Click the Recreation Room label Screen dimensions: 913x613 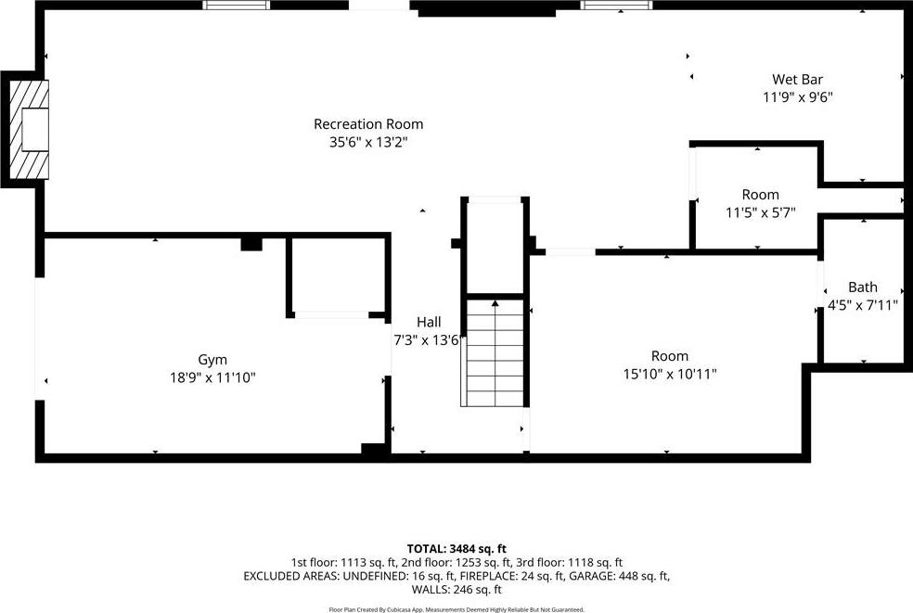pos(368,124)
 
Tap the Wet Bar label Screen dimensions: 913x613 pos(797,79)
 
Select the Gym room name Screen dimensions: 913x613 pos(212,360)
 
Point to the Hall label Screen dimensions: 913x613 pos(429,322)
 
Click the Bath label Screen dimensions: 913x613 pos(862,287)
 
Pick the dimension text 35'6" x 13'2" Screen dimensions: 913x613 pos(368,142)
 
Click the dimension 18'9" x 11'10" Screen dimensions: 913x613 pos(212,377)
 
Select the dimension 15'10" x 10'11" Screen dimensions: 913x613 pos(670,374)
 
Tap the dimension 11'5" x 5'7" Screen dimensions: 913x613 pos(760,212)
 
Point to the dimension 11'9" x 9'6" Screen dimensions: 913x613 pos(798,97)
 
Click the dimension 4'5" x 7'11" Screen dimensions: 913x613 pos(862,305)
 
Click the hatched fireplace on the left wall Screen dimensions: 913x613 pos(29,129)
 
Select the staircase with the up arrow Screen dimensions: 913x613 pos(495,352)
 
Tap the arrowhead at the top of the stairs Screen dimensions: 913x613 pos(495,303)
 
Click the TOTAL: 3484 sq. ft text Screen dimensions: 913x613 pos(456,548)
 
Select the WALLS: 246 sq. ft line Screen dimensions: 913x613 pos(456,590)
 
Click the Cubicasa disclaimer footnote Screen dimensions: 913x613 pos(456,609)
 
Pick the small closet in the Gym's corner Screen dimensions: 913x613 pos(338,275)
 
